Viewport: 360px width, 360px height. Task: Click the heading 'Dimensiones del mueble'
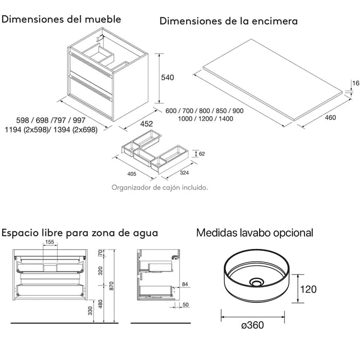point(62,20)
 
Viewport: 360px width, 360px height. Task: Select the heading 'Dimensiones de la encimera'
point(228,21)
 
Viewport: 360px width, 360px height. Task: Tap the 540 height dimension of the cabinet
point(168,78)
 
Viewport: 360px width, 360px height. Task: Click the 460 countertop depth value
point(330,118)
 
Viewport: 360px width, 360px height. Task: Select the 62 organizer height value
point(202,153)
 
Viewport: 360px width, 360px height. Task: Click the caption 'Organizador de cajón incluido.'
point(159,188)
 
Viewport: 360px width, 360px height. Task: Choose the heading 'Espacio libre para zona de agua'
point(79,232)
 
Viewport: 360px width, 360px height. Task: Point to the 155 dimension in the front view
point(49,243)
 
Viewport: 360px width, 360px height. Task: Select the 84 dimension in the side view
point(186,283)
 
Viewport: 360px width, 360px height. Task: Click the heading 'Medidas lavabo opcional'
point(255,232)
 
